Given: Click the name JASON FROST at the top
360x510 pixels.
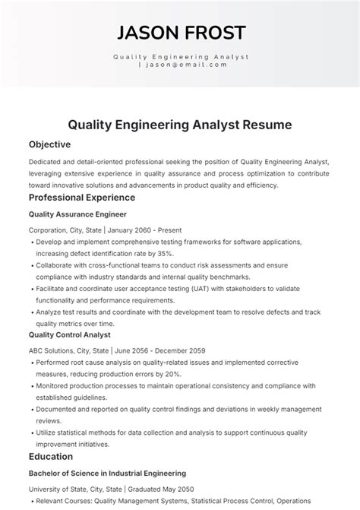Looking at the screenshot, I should (180, 32).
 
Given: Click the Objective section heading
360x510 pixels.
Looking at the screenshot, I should (49, 144).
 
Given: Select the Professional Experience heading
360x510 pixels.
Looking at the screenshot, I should (83, 198).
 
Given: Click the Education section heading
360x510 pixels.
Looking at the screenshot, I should (51, 456).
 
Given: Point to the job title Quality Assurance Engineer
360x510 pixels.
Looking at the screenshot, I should (77, 214).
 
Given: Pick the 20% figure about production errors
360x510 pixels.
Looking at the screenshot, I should (172, 374).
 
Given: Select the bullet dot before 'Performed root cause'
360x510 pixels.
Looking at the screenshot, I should (31, 363).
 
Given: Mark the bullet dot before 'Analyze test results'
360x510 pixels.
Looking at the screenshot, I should (31, 312).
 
